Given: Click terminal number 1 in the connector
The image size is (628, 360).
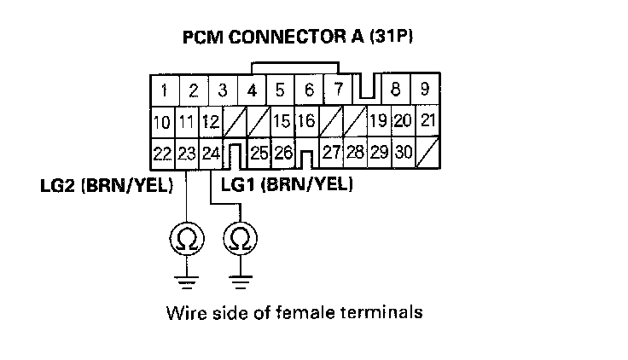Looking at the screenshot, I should (x=163, y=90).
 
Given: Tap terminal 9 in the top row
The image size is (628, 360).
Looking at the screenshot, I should (x=424, y=89).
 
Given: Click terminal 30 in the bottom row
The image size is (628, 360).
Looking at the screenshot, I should (x=404, y=153).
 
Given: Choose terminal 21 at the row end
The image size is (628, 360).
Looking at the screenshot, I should (x=429, y=121).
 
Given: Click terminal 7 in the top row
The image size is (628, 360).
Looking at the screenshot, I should (x=338, y=89).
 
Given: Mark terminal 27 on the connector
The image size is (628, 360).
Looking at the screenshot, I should (x=332, y=153).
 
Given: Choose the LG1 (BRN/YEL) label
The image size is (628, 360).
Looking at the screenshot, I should (x=286, y=183).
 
